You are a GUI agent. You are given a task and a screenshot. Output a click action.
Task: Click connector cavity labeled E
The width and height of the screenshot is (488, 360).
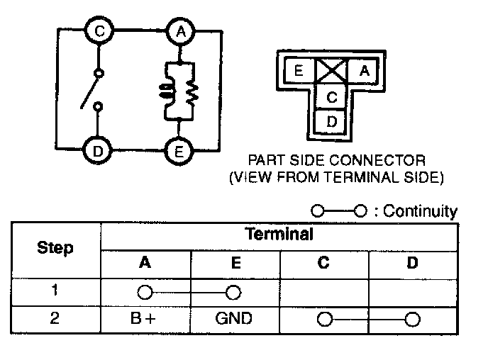299,70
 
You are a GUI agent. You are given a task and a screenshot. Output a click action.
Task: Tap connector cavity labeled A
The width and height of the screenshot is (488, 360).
364,70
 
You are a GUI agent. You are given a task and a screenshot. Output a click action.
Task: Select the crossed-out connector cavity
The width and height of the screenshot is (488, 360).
331,70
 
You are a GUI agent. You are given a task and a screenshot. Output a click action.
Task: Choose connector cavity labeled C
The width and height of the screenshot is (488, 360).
331,96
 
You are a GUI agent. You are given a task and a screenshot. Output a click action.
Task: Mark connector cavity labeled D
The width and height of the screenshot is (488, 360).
331,120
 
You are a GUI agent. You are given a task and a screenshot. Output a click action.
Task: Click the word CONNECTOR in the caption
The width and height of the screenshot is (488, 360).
387,160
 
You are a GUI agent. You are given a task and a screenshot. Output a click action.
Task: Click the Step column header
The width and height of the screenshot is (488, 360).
55,248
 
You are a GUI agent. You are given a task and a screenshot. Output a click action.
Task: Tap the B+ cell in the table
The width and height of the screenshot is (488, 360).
145,318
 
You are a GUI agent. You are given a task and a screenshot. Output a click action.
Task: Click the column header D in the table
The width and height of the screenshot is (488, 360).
413,263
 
